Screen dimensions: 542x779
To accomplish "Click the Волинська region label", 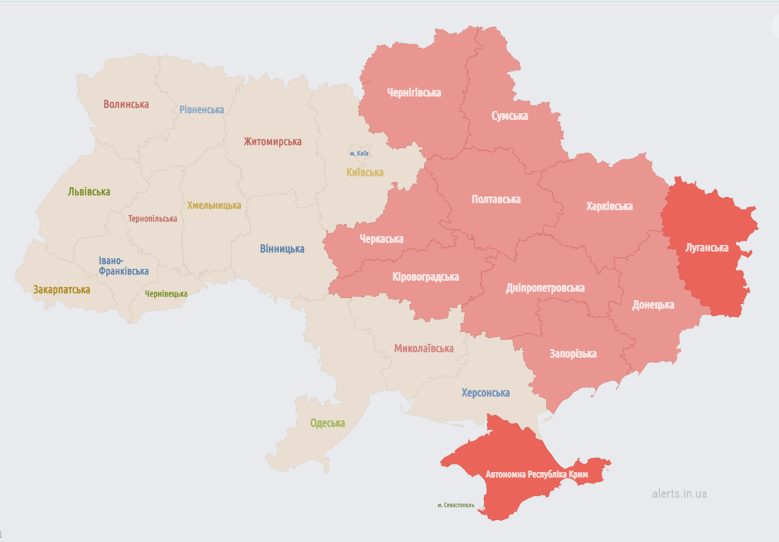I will pos(126,104).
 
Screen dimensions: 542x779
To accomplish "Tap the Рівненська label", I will pos(201,109).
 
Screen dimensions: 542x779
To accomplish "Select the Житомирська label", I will pos(273,141).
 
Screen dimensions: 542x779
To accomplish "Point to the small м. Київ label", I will pos(359,153).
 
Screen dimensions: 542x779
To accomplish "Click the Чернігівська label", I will pos(414,92).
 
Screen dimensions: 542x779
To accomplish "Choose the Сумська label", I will pos(509,116).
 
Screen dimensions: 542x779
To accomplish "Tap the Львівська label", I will pos(89,191).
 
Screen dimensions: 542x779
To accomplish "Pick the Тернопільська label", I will pos(153,219).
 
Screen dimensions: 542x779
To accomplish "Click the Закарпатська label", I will pos(61,289).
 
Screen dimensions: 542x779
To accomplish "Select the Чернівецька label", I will pos(166,294).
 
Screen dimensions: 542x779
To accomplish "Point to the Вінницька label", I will pos(282,248).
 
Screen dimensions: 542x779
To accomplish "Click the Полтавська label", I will pos(496,199).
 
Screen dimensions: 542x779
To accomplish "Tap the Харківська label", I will pos(609,206).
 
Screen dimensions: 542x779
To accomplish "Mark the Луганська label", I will pos(706,248).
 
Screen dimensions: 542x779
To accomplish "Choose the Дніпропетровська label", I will pos(545,288).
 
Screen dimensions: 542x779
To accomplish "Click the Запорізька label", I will pos(573,354).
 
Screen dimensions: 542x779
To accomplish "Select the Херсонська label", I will pos(485,393).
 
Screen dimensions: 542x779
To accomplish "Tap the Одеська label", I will pos(327,423).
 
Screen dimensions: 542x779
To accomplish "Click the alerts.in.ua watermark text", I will pos(679,493).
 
